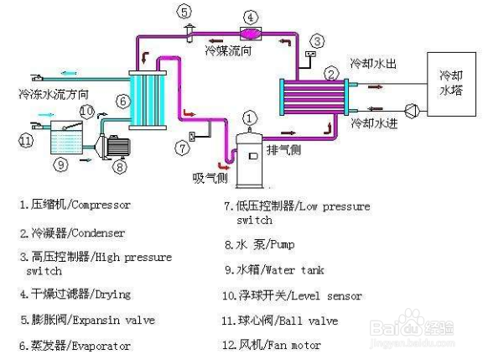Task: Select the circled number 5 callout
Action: (x=184, y=11)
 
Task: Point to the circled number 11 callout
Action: (x=26, y=140)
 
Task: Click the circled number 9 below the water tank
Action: (x=60, y=164)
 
